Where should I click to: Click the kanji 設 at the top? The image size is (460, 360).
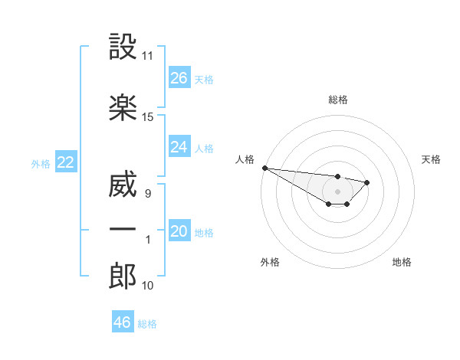[x=123, y=47]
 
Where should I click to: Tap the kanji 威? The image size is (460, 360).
[x=123, y=185]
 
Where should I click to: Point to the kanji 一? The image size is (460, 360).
[x=123, y=230]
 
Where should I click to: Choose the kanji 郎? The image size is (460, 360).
[x=123, y=277]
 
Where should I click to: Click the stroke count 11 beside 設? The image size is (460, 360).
[x=148, y=56]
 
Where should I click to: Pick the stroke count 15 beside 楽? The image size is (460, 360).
[x=148, y=117]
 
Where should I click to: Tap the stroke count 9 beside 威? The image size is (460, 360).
[x=148, y=194]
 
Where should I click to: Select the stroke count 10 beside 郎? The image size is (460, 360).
[x=148, y=286]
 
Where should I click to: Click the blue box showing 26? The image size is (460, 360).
[x=179, y=78]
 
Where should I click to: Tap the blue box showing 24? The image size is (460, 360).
[x=179, y=147]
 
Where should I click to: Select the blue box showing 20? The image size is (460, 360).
[x=179, y=231]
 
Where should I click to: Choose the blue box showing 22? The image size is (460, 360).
[x=65, y=162]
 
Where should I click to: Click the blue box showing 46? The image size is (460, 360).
[x=123, y=322]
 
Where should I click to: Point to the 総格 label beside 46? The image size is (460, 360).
[x=147, y=324]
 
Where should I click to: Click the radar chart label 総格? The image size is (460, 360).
[x=337, y=100]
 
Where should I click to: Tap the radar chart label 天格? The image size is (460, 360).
[x=432, y=159]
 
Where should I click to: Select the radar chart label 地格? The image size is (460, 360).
[x=402, y=262]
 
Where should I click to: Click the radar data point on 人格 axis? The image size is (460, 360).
[x=264, y=168]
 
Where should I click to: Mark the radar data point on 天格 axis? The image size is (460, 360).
[x=367, y=182]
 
